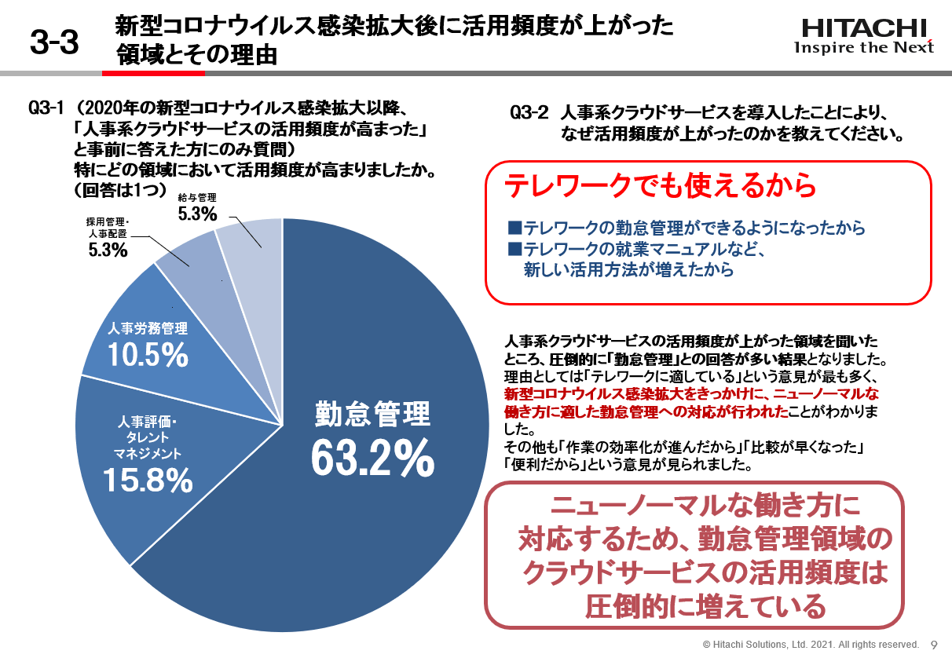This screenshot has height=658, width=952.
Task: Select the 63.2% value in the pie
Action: pyautogui.click(x=372, y=457)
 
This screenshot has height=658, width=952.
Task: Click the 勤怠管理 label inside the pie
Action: pyautogui.click(x=372, y=414)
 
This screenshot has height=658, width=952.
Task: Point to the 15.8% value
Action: pyautogui.click(x=148, y=480)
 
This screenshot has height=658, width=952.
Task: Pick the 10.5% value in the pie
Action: pyautogui.click(x=148, y=355)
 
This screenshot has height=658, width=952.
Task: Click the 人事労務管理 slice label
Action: pyautogui.click(x=148, y=328)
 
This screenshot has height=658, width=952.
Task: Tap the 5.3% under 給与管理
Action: pyautogui.click(x=197, y=214)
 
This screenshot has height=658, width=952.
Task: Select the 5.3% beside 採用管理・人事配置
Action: pyautogui.click(x=108, y=250)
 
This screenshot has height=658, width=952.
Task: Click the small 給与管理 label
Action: pyautogui.click(x=196, y=197)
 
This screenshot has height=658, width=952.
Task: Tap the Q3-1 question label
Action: pyautogui.click(x=45, y=108)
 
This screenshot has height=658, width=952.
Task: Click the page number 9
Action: pyautogui.click(x=934, y=644)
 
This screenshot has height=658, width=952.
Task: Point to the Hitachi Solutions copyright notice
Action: pyautogui.click(x=810, y=644)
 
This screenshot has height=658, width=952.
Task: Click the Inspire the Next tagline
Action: pyautogui.click(x=864, y=48)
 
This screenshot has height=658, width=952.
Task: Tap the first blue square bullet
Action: pyautogui.click(x=514, y=228)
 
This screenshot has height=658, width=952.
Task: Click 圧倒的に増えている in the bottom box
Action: pyautogui.click(x=705, y=606)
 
